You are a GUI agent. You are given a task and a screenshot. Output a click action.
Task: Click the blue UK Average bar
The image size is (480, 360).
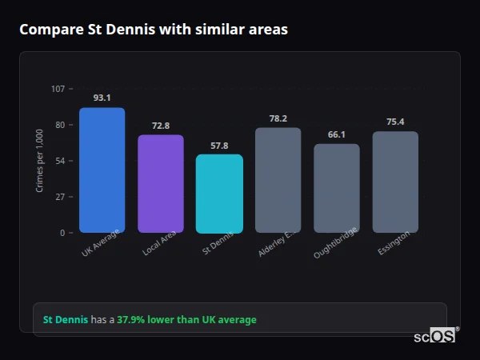click(x=102, y=170)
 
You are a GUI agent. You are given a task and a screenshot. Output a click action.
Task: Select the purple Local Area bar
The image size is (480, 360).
click(x=161, y=184)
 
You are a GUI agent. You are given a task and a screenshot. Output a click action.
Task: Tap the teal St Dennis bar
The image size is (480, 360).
click(x=219, y=194)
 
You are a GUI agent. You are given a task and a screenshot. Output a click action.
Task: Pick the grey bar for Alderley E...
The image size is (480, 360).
click(x=278, y=180)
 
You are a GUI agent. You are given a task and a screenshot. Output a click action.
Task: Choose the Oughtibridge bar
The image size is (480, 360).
click(x=337, y=188)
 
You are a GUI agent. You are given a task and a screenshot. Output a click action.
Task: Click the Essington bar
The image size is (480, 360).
click(x=395, y=182)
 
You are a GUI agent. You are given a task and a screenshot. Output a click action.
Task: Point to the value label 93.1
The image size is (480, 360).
click(x=102, y=98)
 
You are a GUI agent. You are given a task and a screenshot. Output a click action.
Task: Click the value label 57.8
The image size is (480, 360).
click(x=219, y=146)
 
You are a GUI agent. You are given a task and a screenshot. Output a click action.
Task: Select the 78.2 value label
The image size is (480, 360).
click(x=278, y=118)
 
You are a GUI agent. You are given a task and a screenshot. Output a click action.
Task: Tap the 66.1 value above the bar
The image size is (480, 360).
click(x=337, y=134)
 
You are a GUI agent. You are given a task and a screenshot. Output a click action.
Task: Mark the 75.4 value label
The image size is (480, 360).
click(x=395, y=122)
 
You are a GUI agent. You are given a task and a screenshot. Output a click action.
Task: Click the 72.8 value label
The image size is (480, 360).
click(x=161, y=126)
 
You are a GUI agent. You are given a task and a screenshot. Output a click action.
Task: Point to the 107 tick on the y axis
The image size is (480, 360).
click(x=58, y=89)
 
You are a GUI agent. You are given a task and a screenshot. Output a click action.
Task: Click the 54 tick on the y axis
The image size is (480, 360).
click(x=60, y=161)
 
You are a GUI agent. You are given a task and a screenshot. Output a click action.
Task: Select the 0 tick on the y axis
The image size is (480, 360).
click(x=62, y=233)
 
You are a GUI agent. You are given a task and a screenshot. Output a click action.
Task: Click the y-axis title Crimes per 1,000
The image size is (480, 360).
click(x=40, y=161)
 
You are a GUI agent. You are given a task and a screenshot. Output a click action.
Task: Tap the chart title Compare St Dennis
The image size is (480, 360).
click(x=153, y=30)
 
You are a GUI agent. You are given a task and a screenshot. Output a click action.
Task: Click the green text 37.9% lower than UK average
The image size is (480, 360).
click(x=186, y=320)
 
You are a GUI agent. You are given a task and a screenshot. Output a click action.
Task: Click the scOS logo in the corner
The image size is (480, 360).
click(x=435, y=336)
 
